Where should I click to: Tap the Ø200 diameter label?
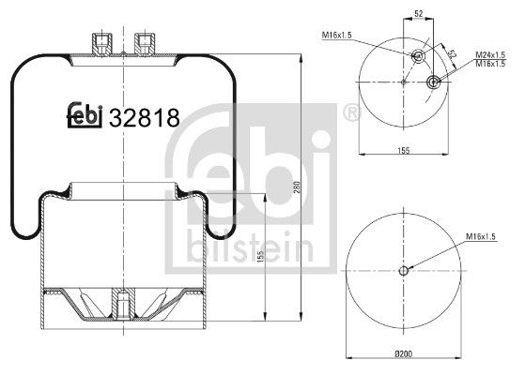[404, 353]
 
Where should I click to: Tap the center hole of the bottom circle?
[404, 272]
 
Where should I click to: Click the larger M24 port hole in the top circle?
[433, 82]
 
